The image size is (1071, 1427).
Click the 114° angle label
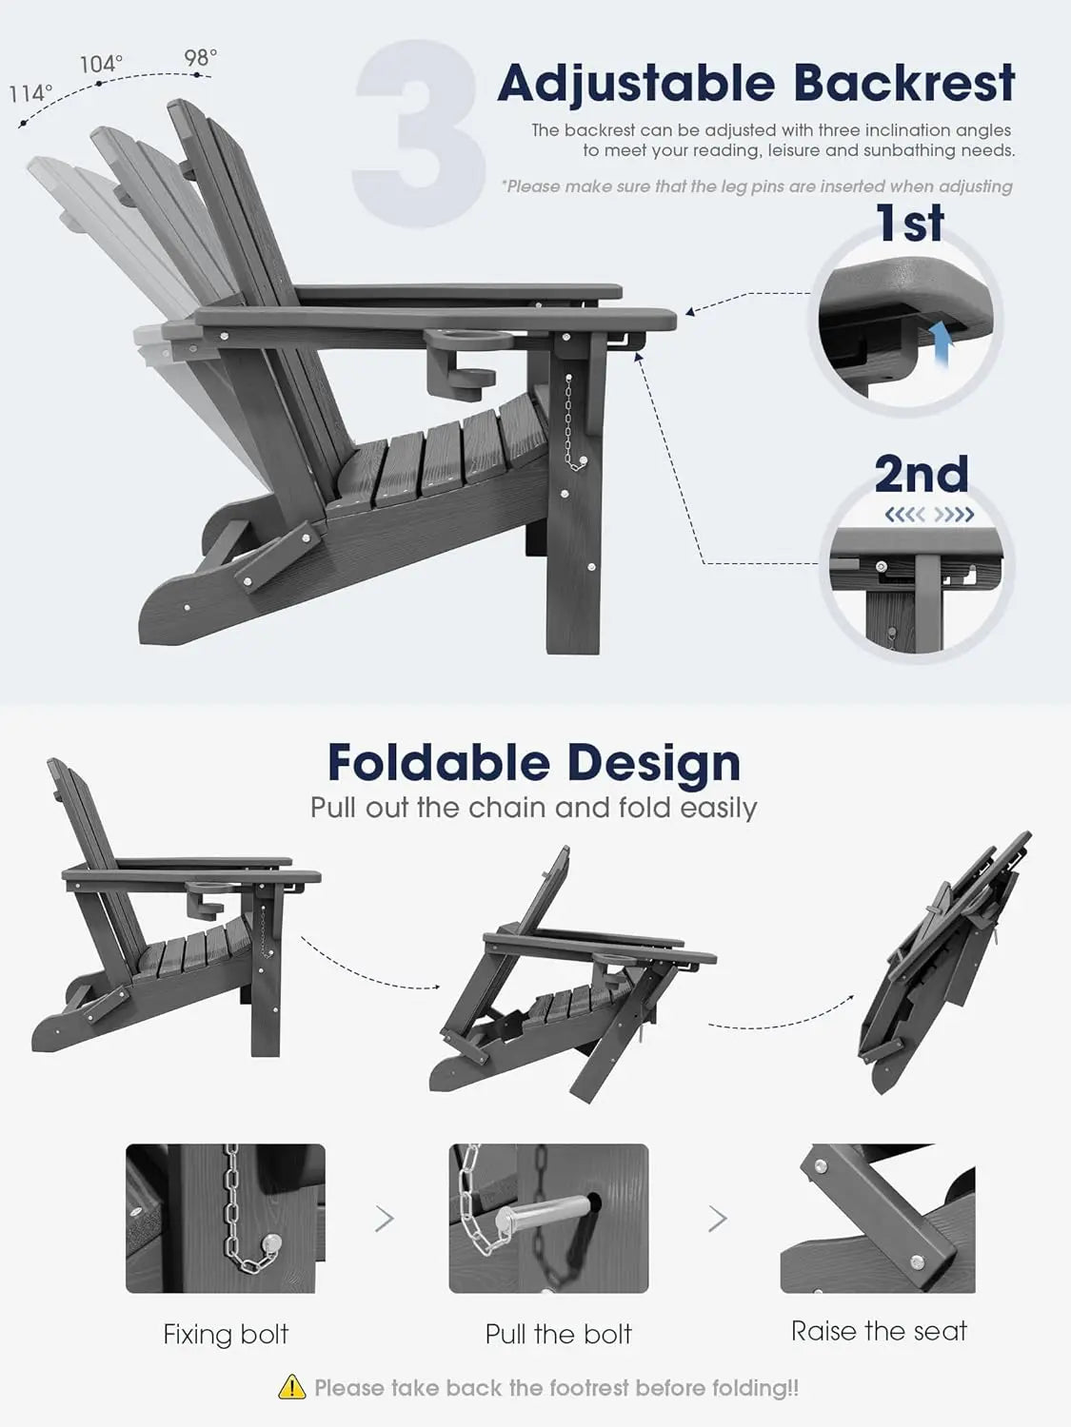pos(30,93)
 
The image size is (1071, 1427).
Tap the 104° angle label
pos(101,64)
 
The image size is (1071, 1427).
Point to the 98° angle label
pos(200,58)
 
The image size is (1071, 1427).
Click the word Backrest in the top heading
pos(903,83)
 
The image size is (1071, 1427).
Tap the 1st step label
pos(910,223)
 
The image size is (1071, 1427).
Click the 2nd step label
pos(922,473)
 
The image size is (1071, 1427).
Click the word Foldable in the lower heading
pos(440,763)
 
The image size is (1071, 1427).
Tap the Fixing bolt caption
pos(226,1334)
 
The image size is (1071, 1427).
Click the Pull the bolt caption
pos(558,1334)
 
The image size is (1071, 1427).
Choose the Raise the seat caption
pos(879,1332)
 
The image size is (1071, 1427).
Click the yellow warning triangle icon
pos(292,1387)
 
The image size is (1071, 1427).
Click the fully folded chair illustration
pos(942,961)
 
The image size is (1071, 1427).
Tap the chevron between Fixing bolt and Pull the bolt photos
pos(385,1219)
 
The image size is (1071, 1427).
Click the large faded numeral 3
pos(420,133)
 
